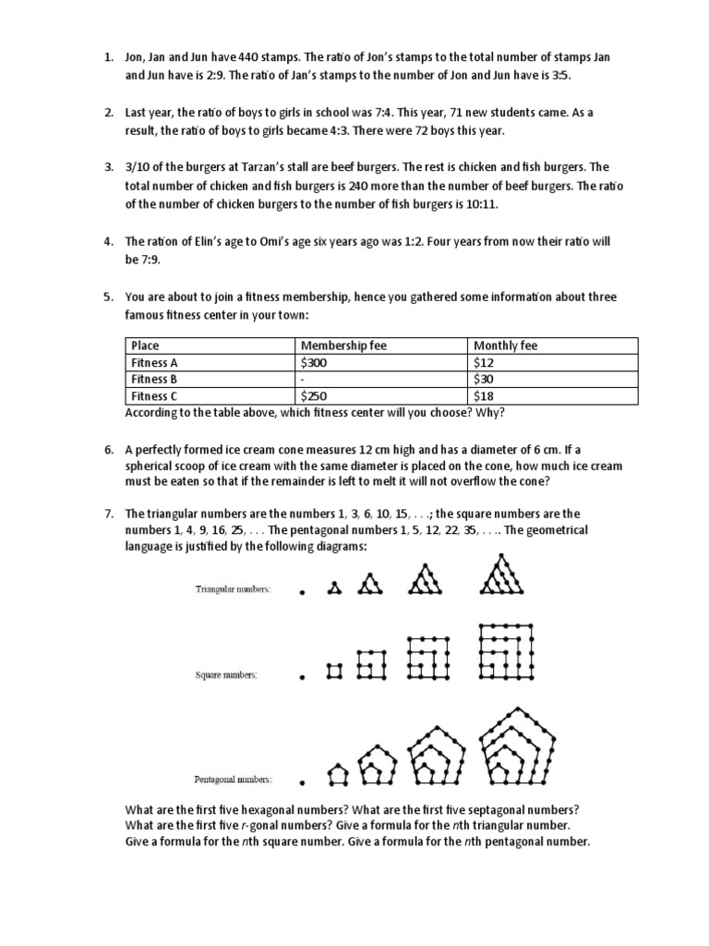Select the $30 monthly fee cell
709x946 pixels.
[x=483, y=380]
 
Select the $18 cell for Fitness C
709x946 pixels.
[x=483, y=396]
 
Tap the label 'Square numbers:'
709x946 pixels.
[x=226, y=675]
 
